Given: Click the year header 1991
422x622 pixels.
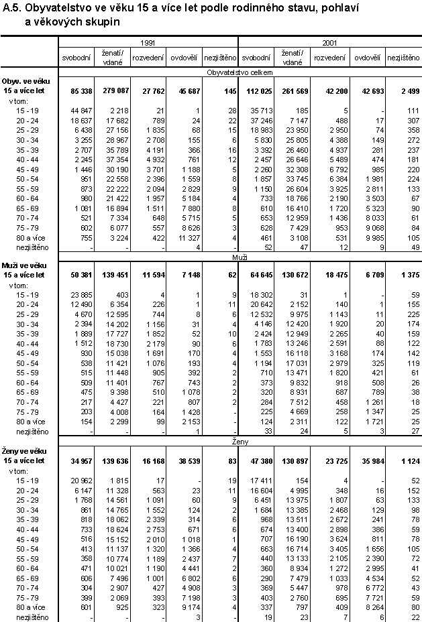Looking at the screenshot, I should tap(148, 43).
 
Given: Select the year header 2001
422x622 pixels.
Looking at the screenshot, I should tap(329, 43).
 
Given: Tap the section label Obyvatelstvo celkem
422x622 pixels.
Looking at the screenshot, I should tap(239, 71).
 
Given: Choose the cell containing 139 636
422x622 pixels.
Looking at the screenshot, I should tap(109, 462).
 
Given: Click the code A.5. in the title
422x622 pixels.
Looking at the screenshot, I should tap(13, 8).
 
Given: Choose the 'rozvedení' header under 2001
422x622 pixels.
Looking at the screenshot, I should tap(330, 58).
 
